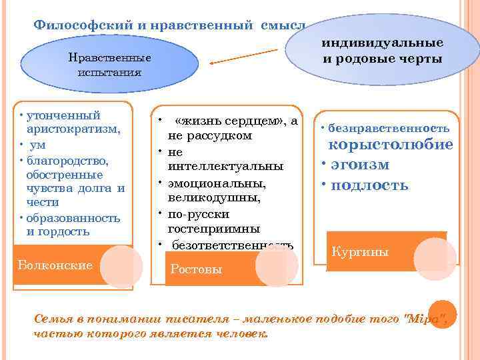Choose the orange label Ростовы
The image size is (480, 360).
[x=197, y=269]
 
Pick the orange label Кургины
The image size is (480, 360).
[x=361, y=252]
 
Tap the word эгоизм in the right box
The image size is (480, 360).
[x=364, y=165]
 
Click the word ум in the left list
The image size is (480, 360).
[x=37, y=145]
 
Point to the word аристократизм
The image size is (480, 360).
[x=73, y=130]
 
